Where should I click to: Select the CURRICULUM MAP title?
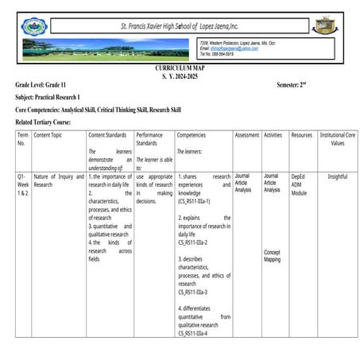click(x=179, y=69)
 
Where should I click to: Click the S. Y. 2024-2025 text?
click(x=179, y=76)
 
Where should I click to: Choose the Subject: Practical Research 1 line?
click(x=53, y=95)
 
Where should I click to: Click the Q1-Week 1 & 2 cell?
click(x=24, y=184)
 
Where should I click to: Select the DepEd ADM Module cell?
click(x=299, y=184)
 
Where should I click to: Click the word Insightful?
click(x=337, y=176)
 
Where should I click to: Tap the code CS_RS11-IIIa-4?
click(x=193, y=333)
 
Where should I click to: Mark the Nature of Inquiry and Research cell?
click(x=58, y=180)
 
